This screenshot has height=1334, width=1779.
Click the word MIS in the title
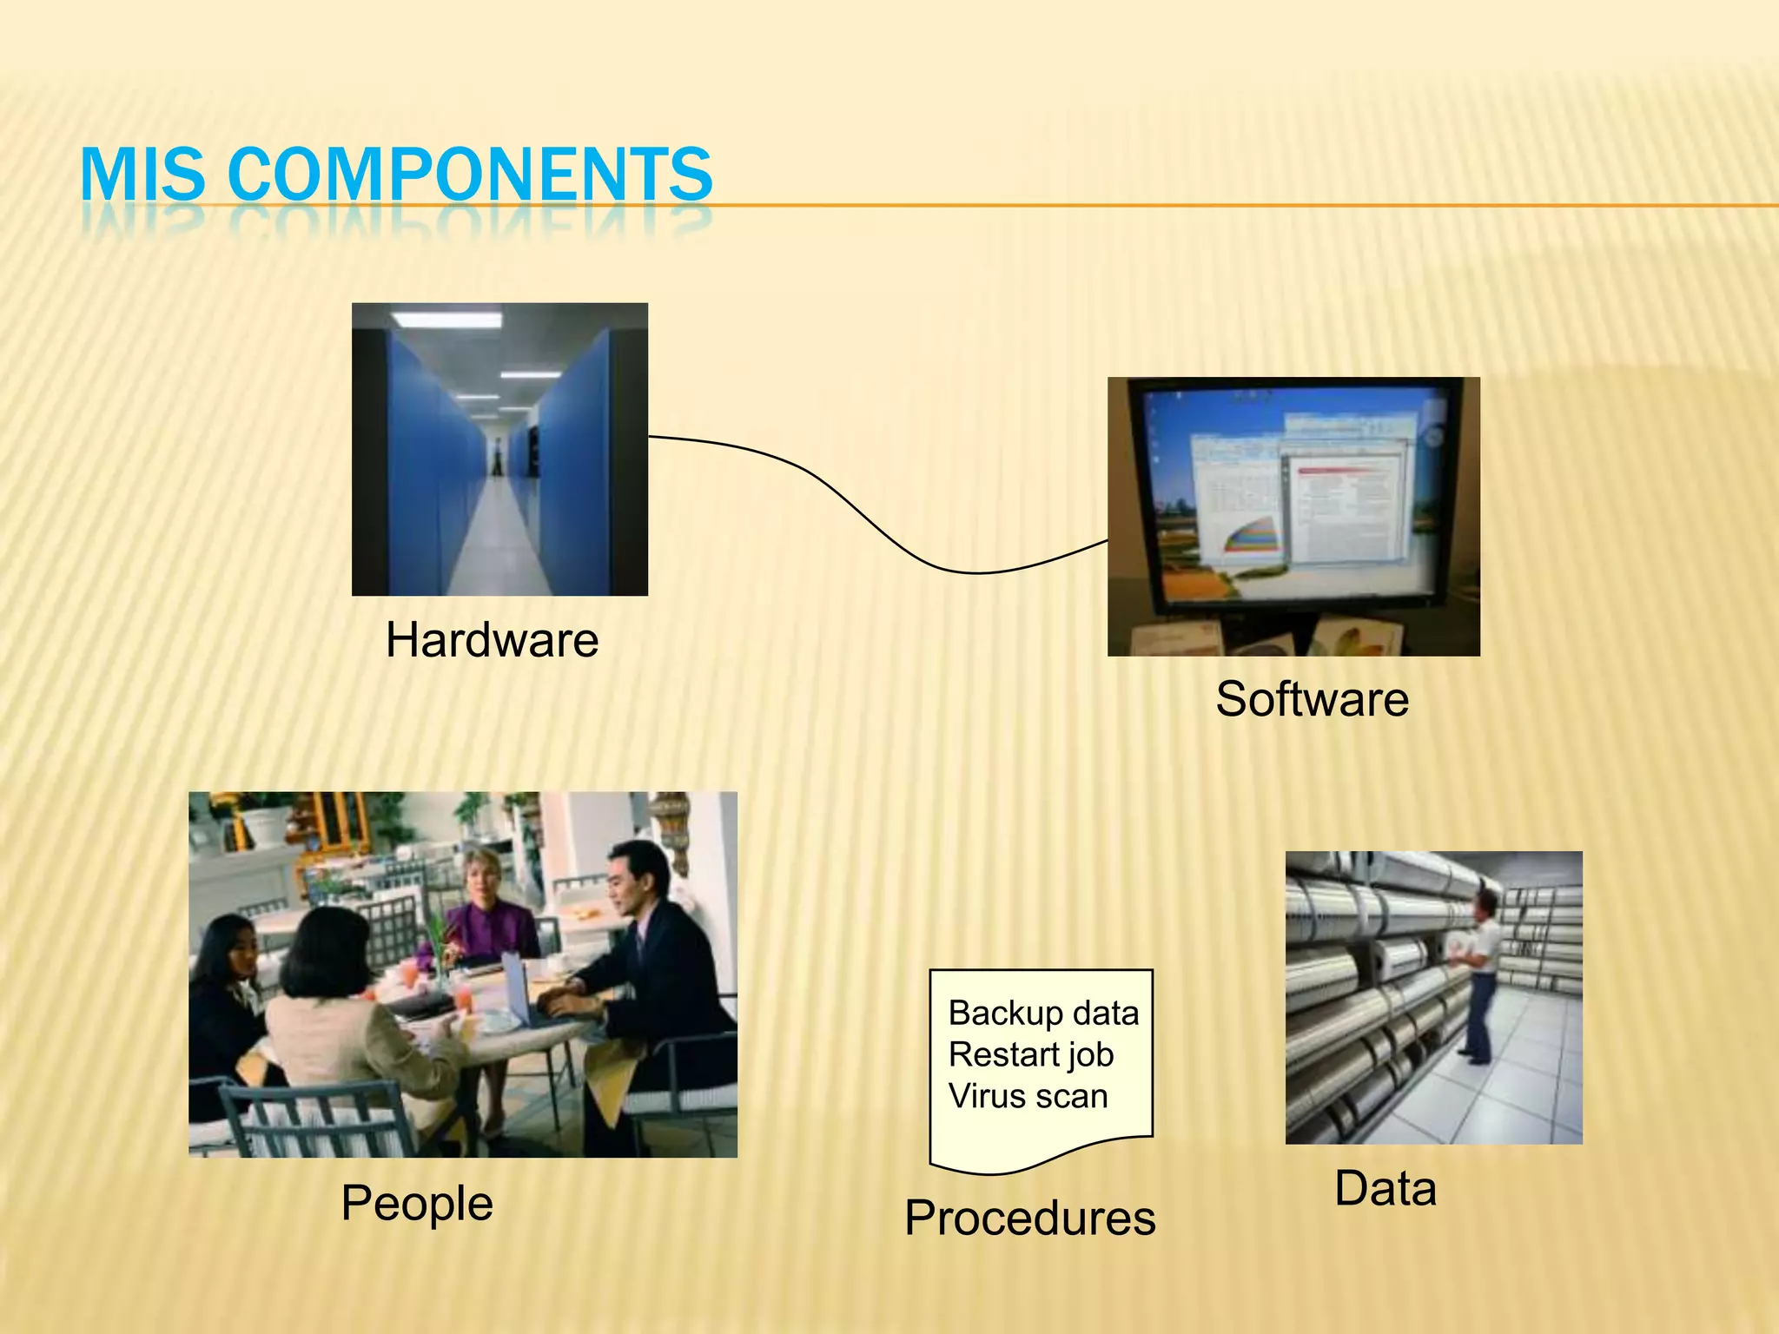[142, 174]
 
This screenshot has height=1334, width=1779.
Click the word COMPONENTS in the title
[470, 174]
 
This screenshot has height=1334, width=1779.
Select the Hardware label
[492, 640]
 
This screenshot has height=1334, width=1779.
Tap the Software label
[1312, 699]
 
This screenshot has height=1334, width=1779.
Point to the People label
[417, 1203]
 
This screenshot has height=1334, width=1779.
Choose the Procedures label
[1030, 1218]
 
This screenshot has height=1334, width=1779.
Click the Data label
[1386, 1188]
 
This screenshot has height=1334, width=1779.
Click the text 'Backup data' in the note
[1043, 1013]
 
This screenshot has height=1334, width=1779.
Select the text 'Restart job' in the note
[1031, 1054]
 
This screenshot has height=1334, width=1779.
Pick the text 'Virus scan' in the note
[1028, 1096]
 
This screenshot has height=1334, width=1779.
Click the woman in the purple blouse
[486, 912]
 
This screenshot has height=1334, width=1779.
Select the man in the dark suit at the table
[651, 955]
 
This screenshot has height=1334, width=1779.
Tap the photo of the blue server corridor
[499, 449]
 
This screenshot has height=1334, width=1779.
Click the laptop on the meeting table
[521, 990]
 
